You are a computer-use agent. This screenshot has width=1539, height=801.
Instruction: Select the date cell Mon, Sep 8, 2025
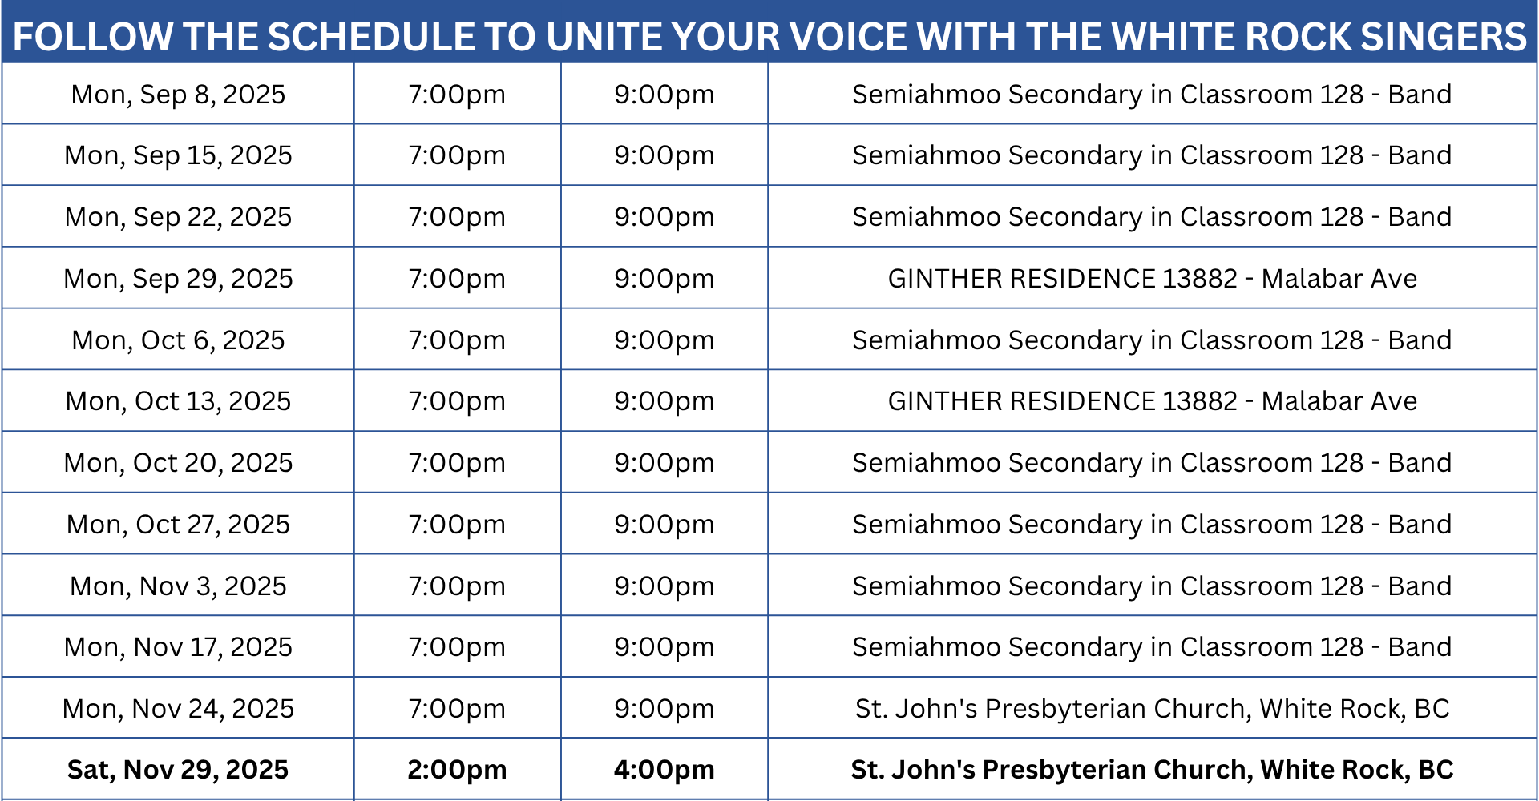pos(178,95)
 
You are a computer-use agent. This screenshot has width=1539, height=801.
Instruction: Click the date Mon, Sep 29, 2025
pos(178,279)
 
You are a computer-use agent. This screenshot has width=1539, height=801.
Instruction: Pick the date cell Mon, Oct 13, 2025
pos(178,401)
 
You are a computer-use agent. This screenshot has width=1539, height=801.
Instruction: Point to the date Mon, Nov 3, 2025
pos(178,586)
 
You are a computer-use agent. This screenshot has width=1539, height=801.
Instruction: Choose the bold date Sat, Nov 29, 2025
pos(178,770)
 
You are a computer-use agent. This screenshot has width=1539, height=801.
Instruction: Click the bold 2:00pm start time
pos(457,770)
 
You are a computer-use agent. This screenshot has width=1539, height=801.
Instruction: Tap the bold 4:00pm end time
pos(664,770)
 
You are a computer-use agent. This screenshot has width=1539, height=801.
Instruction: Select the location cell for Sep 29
pos(1152,279)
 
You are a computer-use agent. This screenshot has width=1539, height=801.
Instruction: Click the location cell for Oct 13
pos(1152,401)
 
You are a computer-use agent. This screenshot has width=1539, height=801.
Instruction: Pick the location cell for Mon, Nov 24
pos(1152,709)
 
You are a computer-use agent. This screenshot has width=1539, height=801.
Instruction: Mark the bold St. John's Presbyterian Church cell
pos(1152,770)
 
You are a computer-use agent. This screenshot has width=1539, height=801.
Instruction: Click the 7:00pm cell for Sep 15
pos(457,155)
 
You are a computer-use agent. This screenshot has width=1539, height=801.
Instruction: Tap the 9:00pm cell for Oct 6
pos(664,340)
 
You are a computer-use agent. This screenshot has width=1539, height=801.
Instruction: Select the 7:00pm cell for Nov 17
pos(457,647)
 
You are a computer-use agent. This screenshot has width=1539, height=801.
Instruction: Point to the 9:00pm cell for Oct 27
pos(664,525)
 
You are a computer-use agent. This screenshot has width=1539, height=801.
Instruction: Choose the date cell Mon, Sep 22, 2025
pos(178,217)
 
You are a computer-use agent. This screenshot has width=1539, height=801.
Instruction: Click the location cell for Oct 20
pos(1152,463)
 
